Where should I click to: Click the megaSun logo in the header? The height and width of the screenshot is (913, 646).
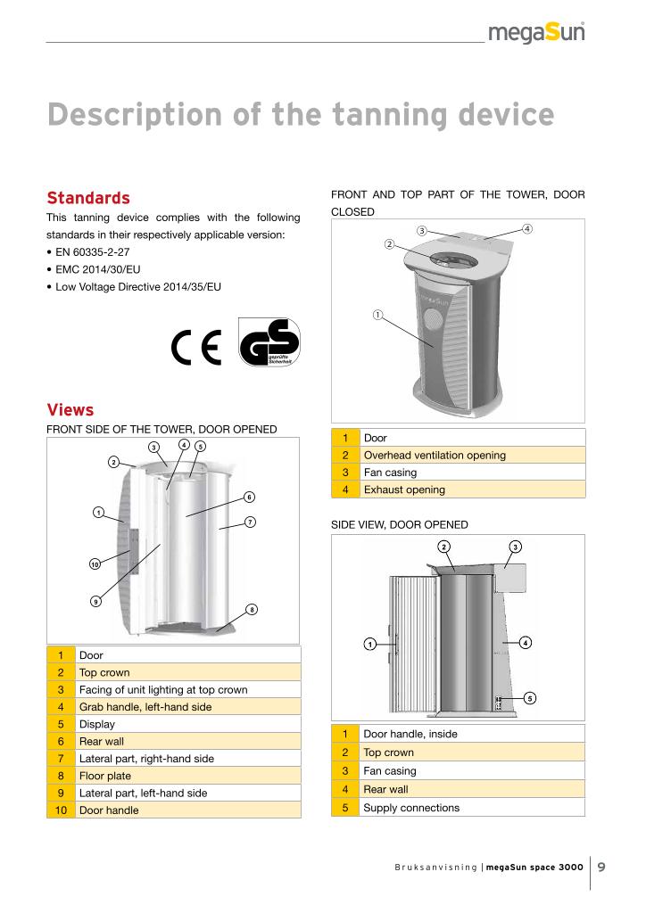tap(536, 33)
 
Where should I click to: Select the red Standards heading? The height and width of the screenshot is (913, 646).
tap(88, 197)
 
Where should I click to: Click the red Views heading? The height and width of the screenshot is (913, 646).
tap(70, 410)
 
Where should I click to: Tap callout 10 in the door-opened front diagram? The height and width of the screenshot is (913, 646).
tap(95, 564)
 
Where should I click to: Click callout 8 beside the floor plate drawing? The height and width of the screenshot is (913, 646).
tap(252, 610)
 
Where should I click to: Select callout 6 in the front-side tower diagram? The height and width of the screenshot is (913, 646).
tap(250, 497)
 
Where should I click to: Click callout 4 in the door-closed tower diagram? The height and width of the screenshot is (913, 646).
tap(527, 228)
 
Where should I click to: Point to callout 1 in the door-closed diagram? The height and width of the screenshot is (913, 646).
tap(377, 314)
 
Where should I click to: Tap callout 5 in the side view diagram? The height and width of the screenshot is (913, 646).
tap(529, 698)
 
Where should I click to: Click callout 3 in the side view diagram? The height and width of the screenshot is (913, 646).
tap(515, 545)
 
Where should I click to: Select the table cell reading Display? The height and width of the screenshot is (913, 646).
tap(97, 724)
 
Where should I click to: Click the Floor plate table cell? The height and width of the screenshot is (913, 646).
tap(106, 776)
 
